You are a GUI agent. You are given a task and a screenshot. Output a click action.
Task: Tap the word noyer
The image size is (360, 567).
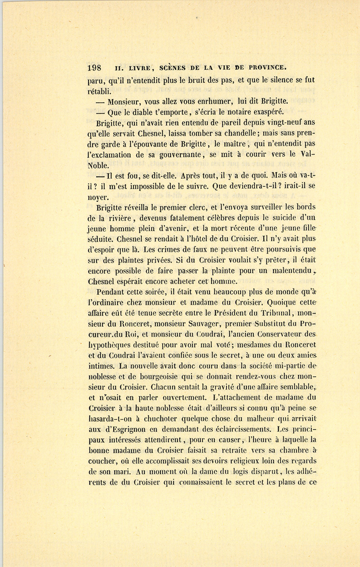click(x=98, y=197)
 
